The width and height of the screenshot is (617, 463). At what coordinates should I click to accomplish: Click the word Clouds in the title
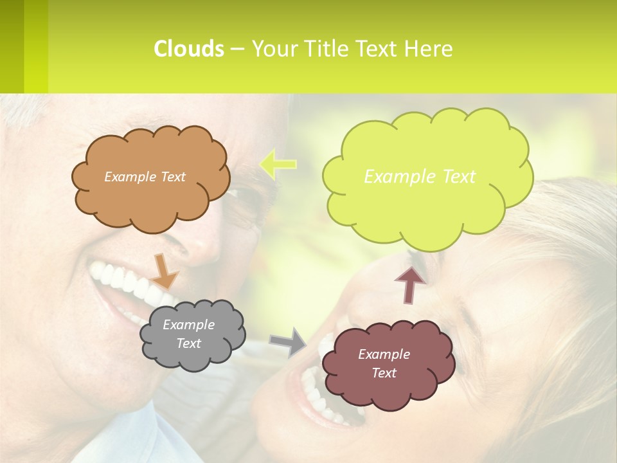pos(188,49)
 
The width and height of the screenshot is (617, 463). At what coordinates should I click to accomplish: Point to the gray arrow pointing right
pos(289,341)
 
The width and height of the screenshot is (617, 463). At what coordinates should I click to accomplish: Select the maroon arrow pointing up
pos(410,283)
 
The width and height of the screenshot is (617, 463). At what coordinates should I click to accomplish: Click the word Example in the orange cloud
pos(129,177)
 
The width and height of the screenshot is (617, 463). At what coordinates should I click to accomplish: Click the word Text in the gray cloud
pos(189,343)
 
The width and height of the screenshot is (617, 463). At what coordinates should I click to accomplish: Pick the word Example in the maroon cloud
pos(384,354)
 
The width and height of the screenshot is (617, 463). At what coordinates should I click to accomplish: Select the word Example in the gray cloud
pos(189,325)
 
